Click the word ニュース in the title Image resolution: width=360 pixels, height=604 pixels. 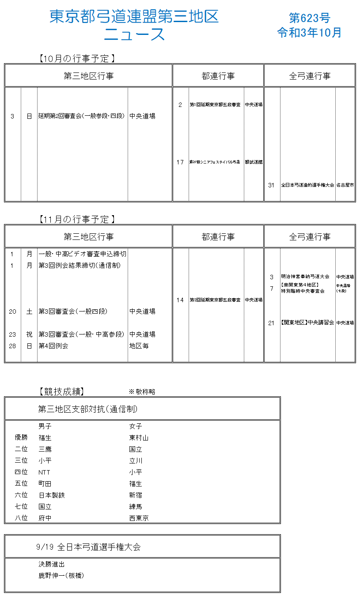point(134,34)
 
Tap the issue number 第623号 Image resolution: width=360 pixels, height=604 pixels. point(309,18)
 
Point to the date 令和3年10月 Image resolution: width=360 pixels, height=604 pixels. point(309,33)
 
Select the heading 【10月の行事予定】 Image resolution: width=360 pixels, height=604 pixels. point(77,58)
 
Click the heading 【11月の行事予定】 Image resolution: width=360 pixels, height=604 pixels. point(77,219)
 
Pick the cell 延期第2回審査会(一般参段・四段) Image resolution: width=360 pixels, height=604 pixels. point(82,116)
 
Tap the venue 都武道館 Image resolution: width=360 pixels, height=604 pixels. point(254,162)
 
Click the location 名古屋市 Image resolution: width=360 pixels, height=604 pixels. point(345,185)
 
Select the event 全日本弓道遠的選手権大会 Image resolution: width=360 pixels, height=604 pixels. point(307,185)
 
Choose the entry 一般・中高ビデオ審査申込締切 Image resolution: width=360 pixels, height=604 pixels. point(82,254)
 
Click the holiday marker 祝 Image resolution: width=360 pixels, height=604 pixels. point(29,334)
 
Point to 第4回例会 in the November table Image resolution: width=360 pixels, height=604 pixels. point(53,346)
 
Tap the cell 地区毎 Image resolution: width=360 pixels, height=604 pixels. point(139,346)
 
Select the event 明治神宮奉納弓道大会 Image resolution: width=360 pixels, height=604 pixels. point(305,277)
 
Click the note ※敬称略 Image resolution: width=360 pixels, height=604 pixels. point(142,391)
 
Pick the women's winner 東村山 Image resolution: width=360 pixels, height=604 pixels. point(139,438)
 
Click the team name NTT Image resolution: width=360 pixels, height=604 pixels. point(44,472)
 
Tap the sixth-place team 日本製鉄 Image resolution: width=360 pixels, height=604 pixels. point(52,495)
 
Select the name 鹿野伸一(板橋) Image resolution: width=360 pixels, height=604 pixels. point(61,576)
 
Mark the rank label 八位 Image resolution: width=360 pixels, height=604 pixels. point(21,518)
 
